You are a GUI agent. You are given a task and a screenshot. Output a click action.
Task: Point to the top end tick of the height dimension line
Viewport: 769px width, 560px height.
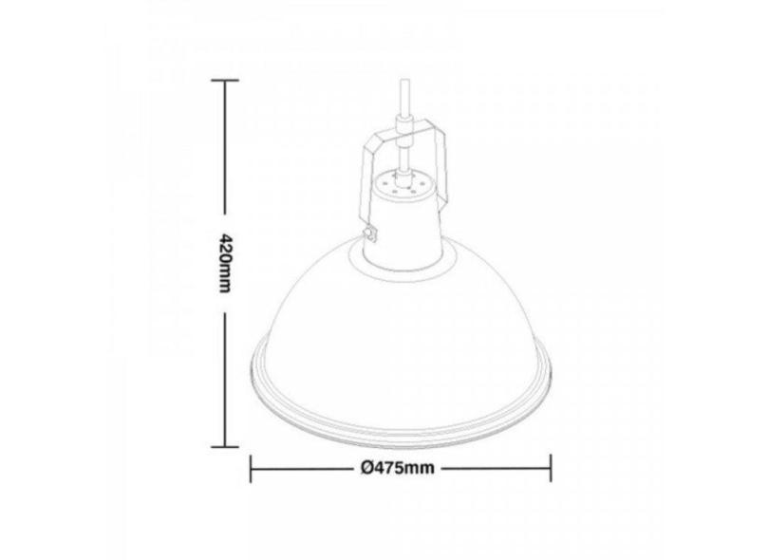click(x=225, y=83)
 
